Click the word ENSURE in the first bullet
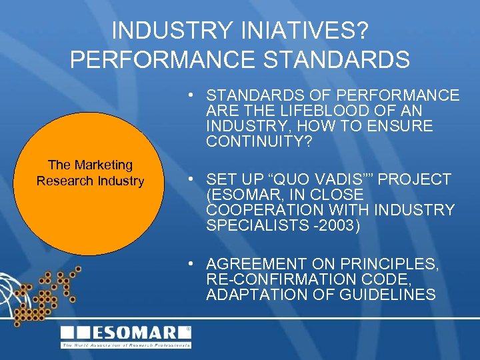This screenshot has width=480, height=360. coord(403,126)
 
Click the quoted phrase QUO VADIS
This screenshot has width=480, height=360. coord(306,179)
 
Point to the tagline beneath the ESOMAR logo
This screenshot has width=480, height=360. coord(126,345)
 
